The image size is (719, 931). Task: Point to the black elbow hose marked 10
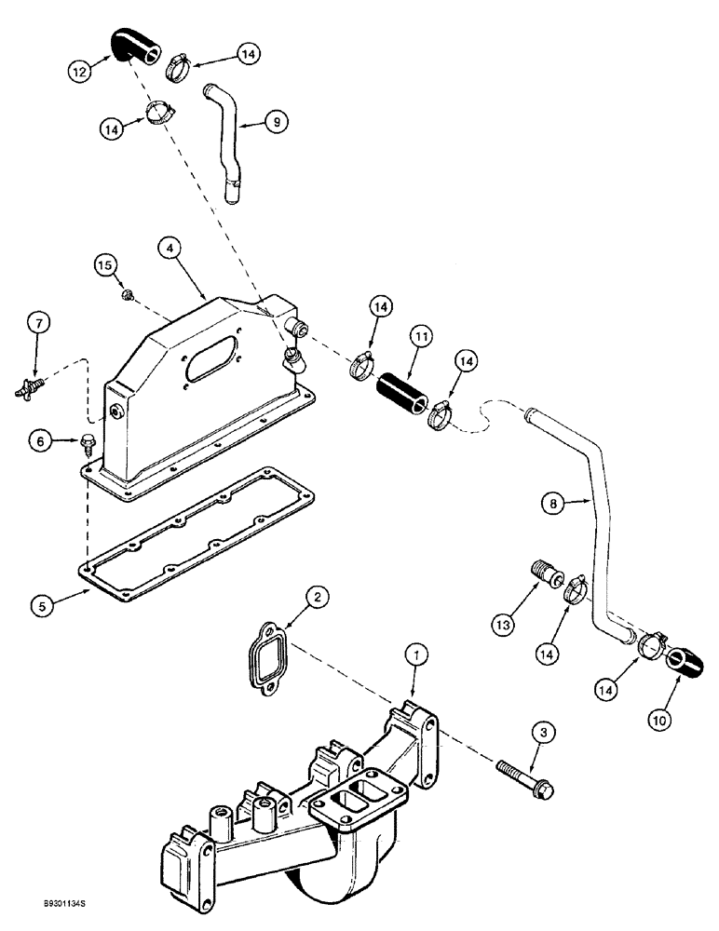tap(685, 663)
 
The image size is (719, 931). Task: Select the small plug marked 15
tap(126, 296)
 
